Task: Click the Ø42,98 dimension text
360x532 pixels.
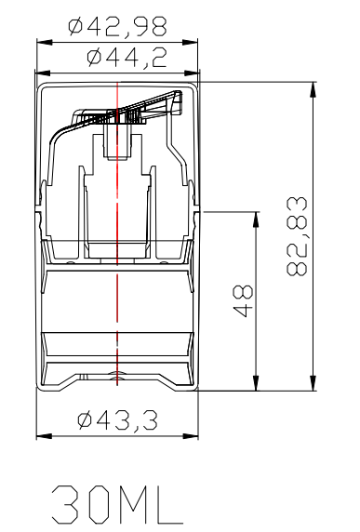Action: (x=117, y=27)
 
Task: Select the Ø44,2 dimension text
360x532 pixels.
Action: (x=127, y=58)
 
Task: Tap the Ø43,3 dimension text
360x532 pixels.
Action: (x=117, y=420)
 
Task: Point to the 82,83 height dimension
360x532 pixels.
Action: (x=297, y=236)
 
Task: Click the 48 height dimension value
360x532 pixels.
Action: (x=244, y=301)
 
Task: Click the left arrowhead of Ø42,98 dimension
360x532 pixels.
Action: (x=44, y=43)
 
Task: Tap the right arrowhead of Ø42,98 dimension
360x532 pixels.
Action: (x=190, y=43)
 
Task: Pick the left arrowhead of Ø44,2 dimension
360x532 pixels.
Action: (x=43, y=73)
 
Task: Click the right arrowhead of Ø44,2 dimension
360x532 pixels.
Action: (x=192, y=73)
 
